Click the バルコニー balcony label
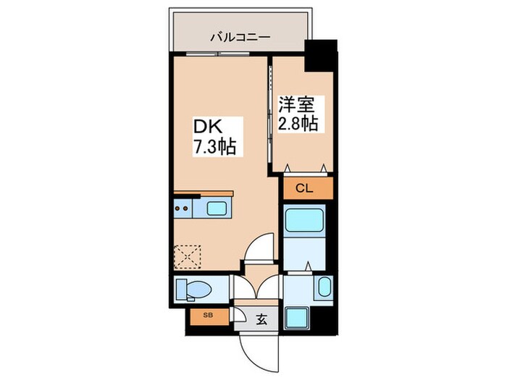240,35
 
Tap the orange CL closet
304,189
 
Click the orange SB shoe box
209,316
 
